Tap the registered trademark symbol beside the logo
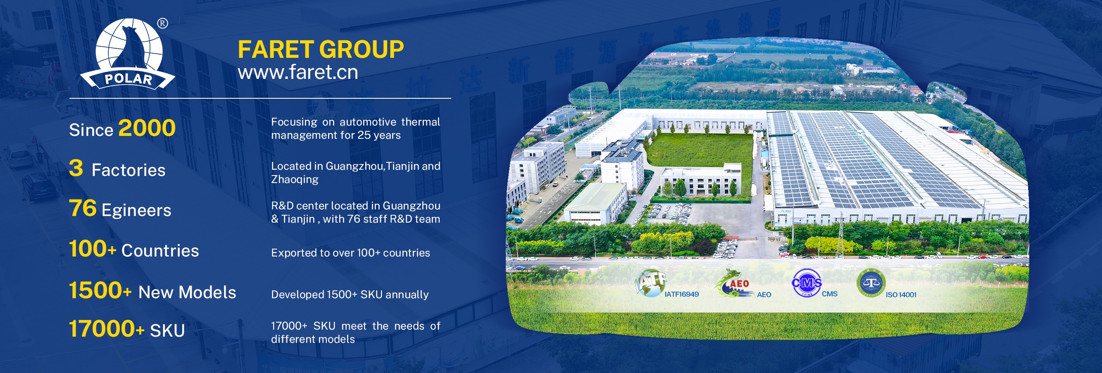162,24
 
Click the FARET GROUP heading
320,49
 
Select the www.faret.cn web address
298,72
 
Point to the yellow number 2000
147,128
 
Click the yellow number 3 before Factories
76,168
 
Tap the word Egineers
136,210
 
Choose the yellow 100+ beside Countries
93,249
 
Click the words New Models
187,292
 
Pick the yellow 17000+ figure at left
107,328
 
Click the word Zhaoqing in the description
295,179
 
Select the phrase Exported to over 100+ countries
350,253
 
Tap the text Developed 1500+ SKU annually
350,294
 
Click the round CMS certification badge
807,282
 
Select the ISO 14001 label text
901,295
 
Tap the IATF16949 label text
681,294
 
